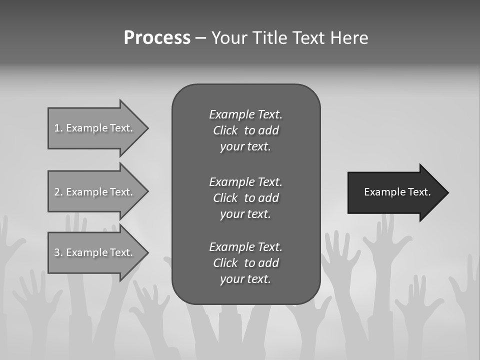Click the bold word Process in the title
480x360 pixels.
[157, 38]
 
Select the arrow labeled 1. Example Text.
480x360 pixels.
[98, 128]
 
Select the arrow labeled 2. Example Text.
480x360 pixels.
[98, 192]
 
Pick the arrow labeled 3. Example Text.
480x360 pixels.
[98, 252]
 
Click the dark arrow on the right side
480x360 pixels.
[397, 192]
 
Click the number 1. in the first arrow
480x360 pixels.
[58, 128]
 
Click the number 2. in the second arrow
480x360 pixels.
[58, 192]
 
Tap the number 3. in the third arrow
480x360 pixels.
[58, 252]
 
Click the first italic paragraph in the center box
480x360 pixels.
[245, 130]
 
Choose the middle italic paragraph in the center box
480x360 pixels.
[245, 197]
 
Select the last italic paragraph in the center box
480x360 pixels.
[245, 263]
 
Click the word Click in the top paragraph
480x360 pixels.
[225, 130]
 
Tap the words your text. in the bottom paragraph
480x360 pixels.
[245, 279]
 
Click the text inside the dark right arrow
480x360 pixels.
[397, 192]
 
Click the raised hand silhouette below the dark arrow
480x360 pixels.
[385, 260]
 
